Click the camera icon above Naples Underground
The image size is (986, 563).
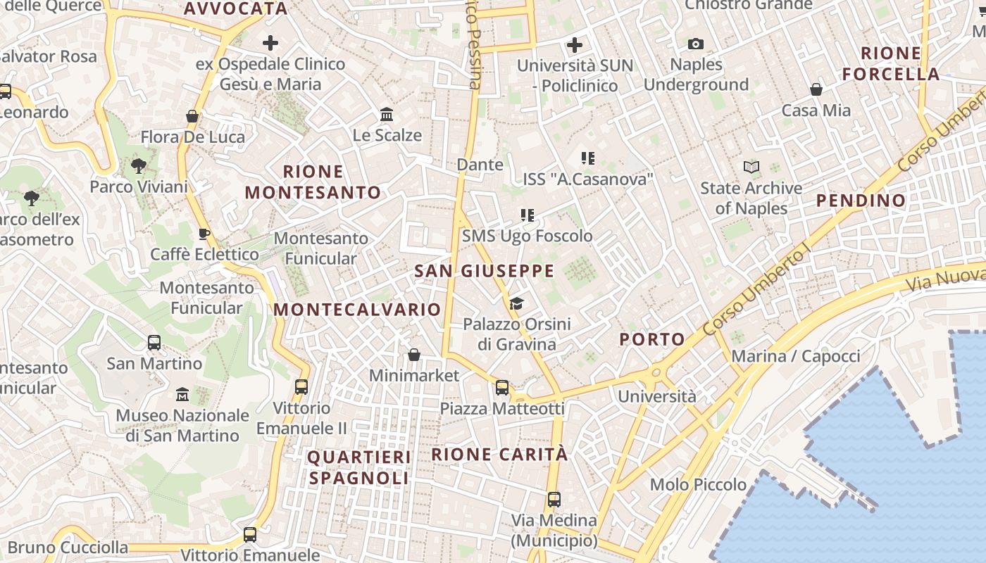tap(696, 44)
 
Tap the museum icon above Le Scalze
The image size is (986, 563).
tap(387, 114)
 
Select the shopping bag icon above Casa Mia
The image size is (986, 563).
tap(816, 89)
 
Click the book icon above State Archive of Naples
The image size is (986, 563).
tap(751, 167)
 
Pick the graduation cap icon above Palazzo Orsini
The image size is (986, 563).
tap(517, 303)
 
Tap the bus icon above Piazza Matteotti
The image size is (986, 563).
tap(502, 387)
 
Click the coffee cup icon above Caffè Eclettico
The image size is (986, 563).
tap(204, 234)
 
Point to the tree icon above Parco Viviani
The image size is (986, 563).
tap(139, 166)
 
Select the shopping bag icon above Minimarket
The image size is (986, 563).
tap(414, 355)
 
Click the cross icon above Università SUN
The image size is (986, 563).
tap(575, 46)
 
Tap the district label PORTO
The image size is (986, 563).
tap(652, 339)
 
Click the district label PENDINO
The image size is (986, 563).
tap(861, 201)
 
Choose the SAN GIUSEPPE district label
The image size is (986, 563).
tap(484, 271)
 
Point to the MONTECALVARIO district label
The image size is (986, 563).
tap(357, 310)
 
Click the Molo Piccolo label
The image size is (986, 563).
tap(698, 484)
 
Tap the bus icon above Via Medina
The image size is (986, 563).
tap(554, 500)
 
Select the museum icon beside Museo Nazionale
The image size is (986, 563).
tap(182, 394)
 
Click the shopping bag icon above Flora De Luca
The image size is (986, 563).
tap(192, 116)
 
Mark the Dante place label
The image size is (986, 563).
tap(480, 165)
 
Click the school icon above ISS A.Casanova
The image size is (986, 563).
tap(588, 158)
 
